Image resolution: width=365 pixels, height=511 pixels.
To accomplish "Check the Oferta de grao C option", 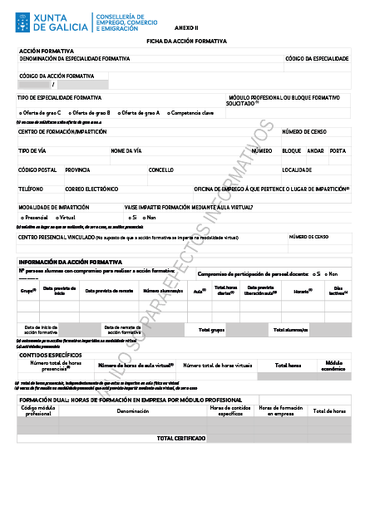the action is [40, 112].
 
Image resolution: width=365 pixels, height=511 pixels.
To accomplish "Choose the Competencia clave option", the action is [190, 112].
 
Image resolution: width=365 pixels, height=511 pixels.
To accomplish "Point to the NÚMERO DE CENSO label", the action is [304, 131].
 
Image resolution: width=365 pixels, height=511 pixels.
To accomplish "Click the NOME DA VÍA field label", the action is [126, 150].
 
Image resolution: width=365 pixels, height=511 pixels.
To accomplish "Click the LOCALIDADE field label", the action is [297, 170].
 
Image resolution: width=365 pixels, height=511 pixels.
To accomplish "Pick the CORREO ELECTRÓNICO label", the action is [92, 189].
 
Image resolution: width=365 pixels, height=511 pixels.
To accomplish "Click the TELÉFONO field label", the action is [31, 189].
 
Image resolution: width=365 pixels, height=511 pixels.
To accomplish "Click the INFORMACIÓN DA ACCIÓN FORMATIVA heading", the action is [71, 261].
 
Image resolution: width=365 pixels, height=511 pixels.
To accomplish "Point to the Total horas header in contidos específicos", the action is [288, 365].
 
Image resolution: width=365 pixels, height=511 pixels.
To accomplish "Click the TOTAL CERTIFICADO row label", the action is [181, 437].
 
